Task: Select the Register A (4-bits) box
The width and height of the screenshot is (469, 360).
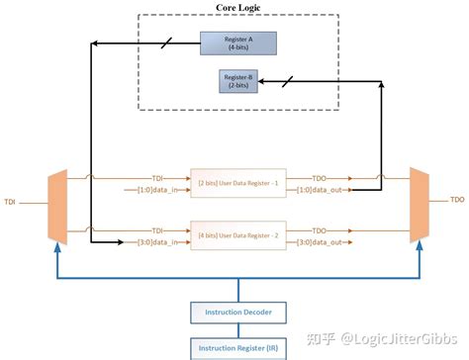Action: [x=237, y=44]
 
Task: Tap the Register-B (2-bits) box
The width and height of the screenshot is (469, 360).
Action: [x=238, y=82]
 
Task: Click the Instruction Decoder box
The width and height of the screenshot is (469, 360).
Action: [x=238, y=313]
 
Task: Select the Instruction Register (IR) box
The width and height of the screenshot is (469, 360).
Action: [x=238, y=347]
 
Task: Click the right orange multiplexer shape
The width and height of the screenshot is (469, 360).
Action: [x=418, y=205]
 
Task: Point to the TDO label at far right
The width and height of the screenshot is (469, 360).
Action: [x=456, y=200]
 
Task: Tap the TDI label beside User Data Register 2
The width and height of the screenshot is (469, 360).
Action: [x=157, y=228]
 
